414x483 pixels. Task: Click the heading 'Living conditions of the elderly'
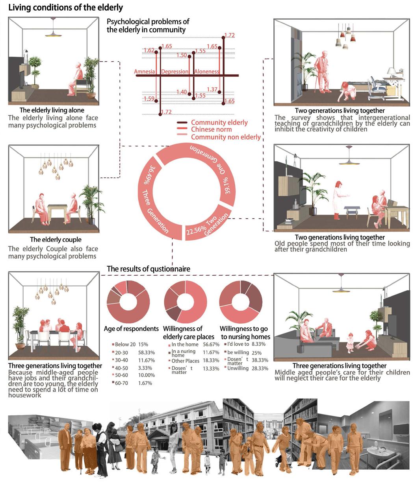65,8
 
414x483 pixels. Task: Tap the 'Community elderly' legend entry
219,122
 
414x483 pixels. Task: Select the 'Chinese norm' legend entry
211,129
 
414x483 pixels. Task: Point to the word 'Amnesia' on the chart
145,72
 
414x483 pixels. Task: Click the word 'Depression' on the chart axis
175,72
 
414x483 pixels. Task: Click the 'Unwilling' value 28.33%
260,369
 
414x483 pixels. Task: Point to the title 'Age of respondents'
131,329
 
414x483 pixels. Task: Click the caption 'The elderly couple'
56,240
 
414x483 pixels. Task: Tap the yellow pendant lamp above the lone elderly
53,34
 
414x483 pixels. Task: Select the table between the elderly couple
57,210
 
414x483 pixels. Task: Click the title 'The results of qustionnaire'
149,269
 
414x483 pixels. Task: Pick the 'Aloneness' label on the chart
206,72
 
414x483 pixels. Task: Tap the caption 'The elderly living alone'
52,110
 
